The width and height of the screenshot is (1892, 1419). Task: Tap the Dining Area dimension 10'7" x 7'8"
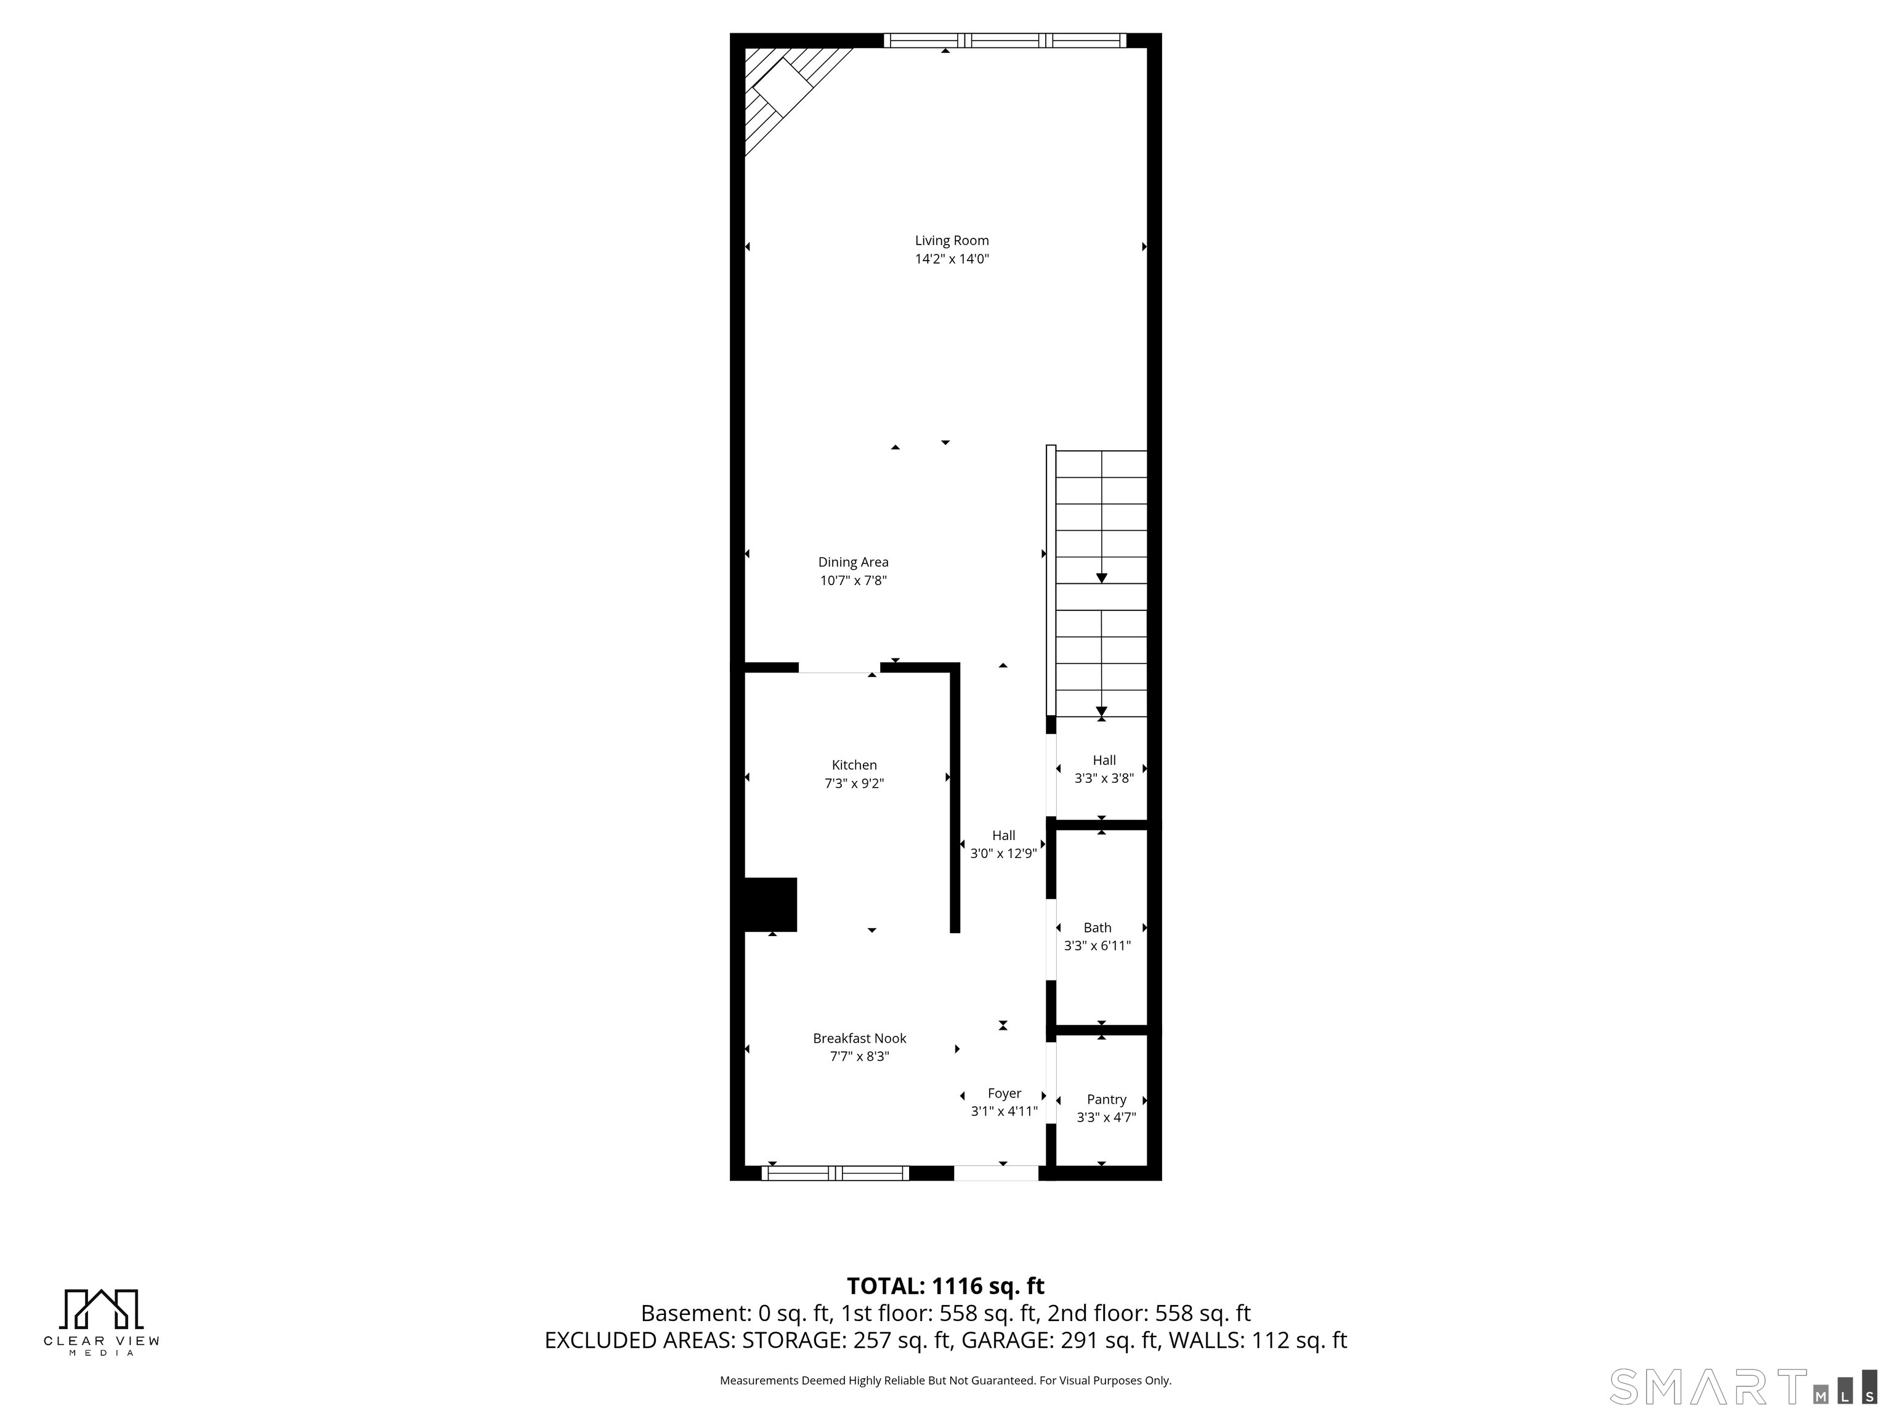point(853,581)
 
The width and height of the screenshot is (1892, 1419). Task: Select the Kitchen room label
point(854,766)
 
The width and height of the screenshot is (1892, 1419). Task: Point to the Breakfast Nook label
point(859,1038)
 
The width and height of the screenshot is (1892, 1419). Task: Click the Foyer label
point(1004,1094)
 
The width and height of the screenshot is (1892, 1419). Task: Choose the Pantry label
point(1106,1100)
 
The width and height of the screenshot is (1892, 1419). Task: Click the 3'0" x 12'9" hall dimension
point(1003,854)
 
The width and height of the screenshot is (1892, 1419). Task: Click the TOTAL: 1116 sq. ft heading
point(945,1287)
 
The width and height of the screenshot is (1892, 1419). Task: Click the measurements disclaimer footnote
point(945,1381)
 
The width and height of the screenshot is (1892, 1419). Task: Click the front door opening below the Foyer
point(997,1173)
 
